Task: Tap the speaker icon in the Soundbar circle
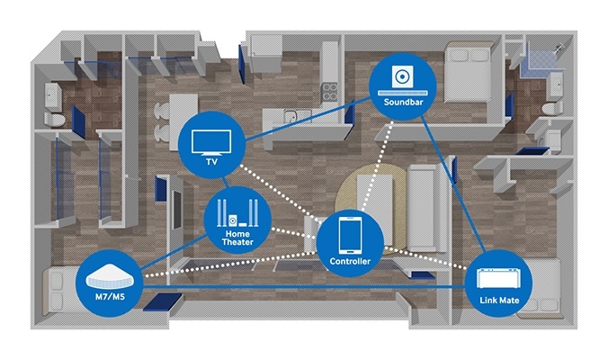pos(402,77)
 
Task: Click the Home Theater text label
pos(231,238)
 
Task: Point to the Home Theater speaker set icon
pos(232,214)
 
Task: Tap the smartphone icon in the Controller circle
pos(350,236)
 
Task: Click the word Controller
pos(350,262)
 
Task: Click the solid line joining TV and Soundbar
pos(306,121)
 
